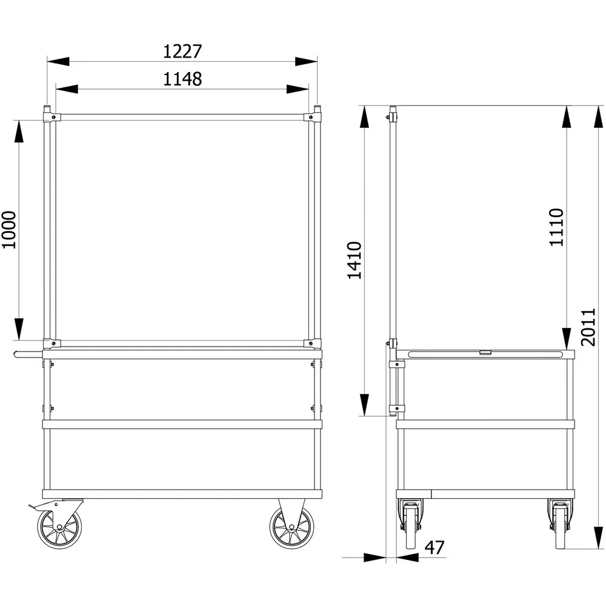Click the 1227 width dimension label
click(182, 52)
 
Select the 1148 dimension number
click(182, 79)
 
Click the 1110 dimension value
click(556, 227)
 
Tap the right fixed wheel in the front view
click(291, 528)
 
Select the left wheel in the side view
click(410, 524)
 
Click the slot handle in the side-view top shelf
click(486, 353)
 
